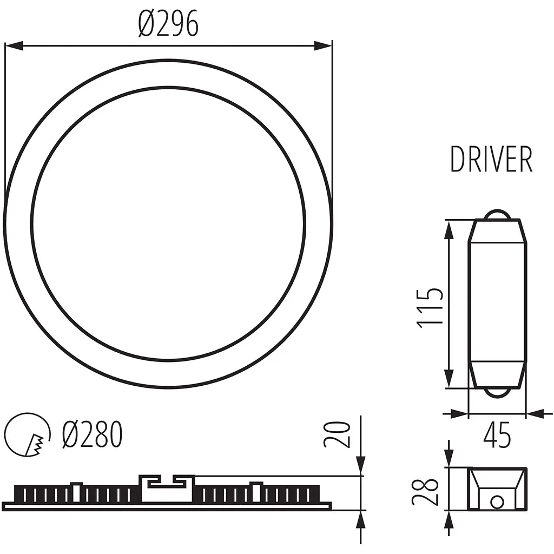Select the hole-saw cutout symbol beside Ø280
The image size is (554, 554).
click(x=27, y=436)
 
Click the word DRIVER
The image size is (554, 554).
click(x=491, y=160)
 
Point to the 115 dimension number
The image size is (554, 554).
click(x=431, y=307)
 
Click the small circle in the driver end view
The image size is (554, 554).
click(x=496, y=502)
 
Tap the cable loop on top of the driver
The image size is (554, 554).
click(x=497, y=214)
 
